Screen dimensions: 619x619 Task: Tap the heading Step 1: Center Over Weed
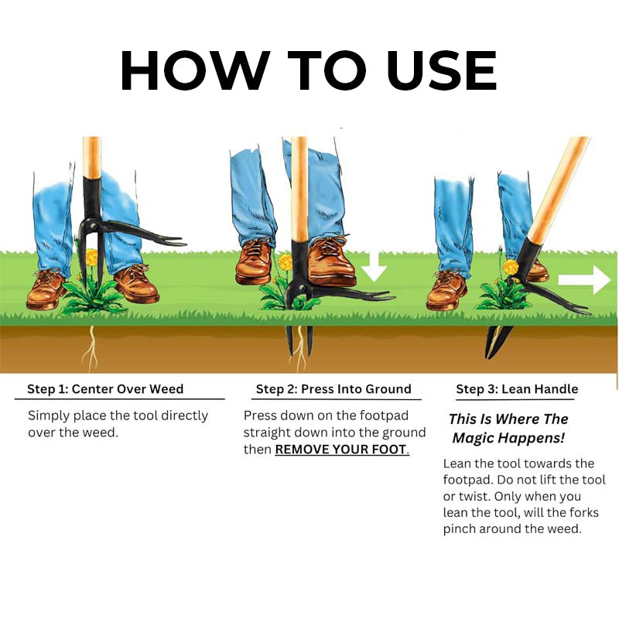(x=105, y=388)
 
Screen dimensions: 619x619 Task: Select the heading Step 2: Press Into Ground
(x=333, y=388)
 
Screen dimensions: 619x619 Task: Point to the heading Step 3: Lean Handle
(x=517, y=388)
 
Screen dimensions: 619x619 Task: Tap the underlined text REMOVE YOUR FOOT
(x=341, y=450)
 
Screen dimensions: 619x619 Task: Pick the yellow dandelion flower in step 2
(x=286, y=262)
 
